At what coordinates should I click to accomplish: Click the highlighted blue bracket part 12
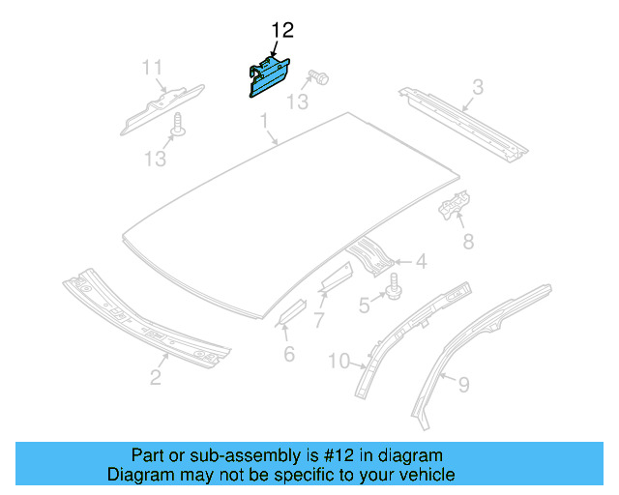pos(267,76)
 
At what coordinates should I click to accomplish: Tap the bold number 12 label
pos(282,32)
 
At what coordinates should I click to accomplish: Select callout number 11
pos(152,68)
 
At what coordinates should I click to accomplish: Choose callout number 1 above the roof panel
pos(262,120)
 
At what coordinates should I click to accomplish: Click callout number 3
pos(477,89)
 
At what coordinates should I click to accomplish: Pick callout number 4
pos(422,261)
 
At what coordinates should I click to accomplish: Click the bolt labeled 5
pos(395,285)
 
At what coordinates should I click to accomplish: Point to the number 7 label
pos(318,318)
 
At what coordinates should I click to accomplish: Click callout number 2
pos(155,377)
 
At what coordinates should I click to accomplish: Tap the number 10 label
pos(339,362)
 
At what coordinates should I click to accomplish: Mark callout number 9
pos(463,385)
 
